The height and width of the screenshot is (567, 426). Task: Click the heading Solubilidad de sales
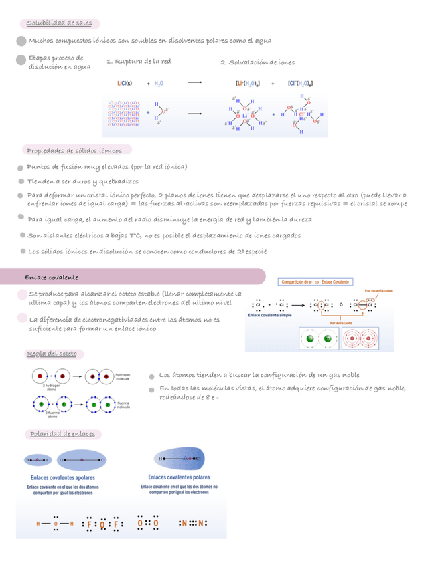[x=60, y=24]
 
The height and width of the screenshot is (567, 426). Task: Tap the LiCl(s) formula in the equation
[x=123, y=84]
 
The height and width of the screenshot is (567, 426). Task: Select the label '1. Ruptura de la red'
[x=139, y=62]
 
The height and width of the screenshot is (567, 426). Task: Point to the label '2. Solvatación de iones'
[x=257, y=62]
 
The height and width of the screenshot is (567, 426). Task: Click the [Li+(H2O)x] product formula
[x=247, y=84]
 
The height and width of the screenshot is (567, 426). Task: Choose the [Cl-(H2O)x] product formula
[x=300, y=84]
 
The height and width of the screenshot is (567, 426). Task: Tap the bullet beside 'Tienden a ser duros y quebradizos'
[x=21, y=182]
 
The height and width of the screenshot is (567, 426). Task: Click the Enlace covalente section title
[x=52, y=277]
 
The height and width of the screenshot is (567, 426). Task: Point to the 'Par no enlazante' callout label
[x=378, y=291]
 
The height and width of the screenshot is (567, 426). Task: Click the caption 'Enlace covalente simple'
[x=271, y=315]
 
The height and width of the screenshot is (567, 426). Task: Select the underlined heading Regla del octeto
[x=52, y=353]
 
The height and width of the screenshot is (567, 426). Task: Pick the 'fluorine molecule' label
[x=124, y=405]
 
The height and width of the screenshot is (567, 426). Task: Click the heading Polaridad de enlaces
[x=62, y=434]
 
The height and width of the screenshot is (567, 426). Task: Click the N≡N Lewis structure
[x=193, y=524]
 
